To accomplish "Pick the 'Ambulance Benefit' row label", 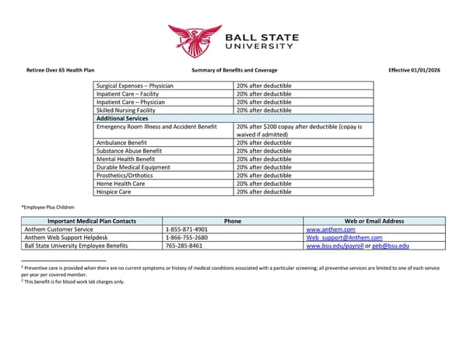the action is [x=124, y=143].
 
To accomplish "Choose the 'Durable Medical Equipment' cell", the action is [x=135, y=167].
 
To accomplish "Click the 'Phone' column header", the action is [x=232, y=222].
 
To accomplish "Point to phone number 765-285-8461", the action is [x=184, y=246].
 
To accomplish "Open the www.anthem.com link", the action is [x=331, y=230].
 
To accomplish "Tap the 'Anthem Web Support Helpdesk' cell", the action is [x=66, y=238].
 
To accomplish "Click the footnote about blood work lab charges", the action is [x=73, y=281].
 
